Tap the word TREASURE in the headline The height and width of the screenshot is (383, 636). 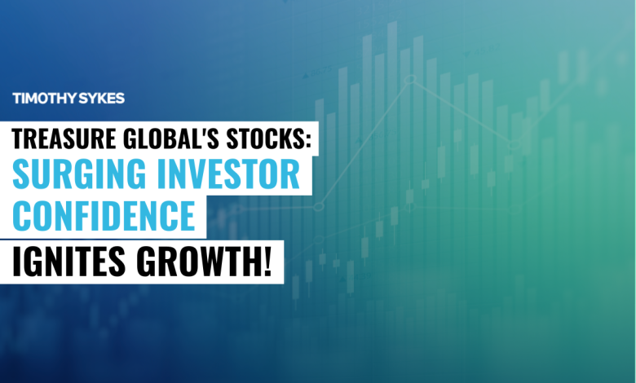click(61, 139)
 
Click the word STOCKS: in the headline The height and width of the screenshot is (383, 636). click(266, 139)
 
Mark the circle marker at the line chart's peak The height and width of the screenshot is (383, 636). click(411, 79)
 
